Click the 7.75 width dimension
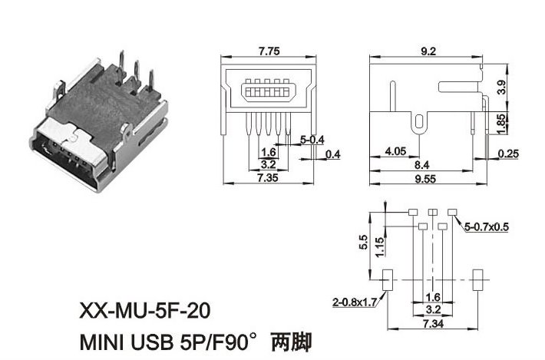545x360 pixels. point(269,51)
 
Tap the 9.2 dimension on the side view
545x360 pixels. point(428,51)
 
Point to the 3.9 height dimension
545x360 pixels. point(501,87)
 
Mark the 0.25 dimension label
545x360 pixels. point(507,154)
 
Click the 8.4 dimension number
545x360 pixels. point(421,164)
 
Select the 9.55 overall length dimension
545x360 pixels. point(428,178)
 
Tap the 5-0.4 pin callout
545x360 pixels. point(312,140)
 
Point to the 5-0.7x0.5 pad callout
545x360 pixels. point(487,226)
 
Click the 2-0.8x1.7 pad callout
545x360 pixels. point(354,302)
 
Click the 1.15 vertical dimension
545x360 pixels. point(378,246)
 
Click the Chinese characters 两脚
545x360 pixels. point(295,340)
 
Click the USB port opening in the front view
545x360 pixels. point(269,93)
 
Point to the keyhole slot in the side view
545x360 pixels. point(418,121)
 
